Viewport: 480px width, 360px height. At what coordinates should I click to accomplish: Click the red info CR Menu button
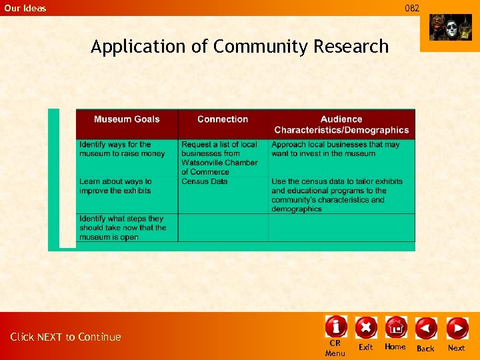335,327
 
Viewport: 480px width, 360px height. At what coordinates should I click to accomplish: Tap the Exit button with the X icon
365,327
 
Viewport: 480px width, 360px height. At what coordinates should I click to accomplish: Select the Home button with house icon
395,327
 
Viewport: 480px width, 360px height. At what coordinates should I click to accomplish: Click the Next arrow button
457,328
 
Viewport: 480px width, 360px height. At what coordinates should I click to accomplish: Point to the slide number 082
413,8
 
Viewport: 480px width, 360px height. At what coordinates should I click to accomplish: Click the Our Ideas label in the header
25,8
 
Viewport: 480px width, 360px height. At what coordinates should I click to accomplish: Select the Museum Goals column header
127,119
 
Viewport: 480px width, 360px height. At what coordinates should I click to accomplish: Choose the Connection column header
223,119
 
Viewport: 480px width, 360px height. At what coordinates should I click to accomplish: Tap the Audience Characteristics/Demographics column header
341,125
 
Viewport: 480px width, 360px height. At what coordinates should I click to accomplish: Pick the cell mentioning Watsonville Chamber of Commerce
219,158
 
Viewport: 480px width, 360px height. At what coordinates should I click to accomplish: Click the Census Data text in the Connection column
205,181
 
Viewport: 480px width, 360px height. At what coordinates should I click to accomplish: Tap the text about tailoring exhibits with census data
337,195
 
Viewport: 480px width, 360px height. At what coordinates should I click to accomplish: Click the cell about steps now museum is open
123,227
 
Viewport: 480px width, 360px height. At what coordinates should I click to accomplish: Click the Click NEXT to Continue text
65,337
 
